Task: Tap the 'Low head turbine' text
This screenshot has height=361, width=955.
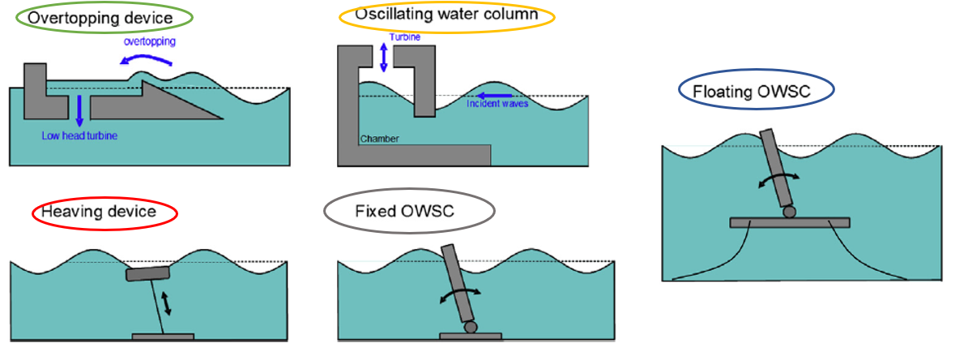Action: tap(79, 135)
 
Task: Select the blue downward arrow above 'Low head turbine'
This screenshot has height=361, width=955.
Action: tap(79, 110)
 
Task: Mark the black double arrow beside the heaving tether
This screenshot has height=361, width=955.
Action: tap(168, 303)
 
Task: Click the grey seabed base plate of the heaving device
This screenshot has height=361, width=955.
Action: tap(163, 335)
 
